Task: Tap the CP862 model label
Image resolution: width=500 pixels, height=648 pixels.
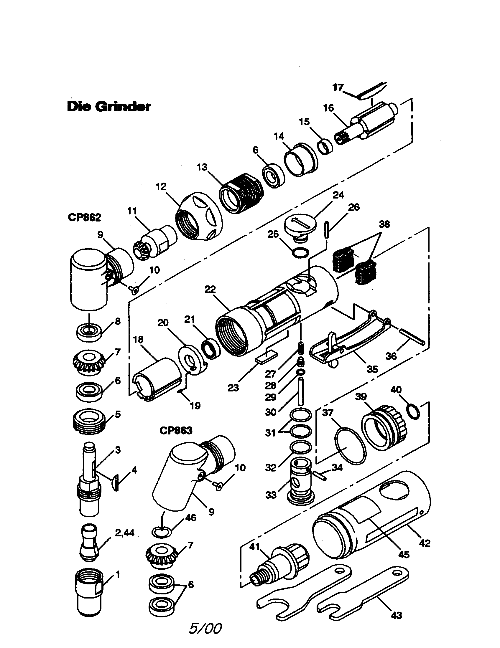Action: click(x=84, y=217)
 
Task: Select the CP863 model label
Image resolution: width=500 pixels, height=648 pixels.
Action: click(x=176, y=430)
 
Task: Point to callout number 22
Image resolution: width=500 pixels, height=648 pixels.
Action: click(x=210, y=289)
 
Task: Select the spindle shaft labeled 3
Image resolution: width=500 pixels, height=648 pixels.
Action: click(x=89, y=481)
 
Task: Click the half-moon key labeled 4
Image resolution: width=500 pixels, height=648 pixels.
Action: click(x=116, y=482)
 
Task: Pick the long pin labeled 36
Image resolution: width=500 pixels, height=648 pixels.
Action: click(x=413, y=336)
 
